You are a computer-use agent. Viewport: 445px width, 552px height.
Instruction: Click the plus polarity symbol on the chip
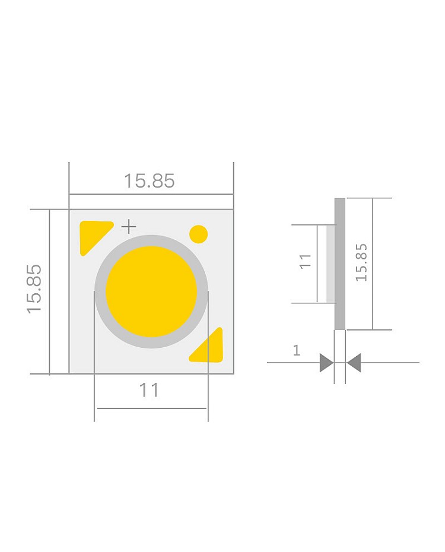(129, 226)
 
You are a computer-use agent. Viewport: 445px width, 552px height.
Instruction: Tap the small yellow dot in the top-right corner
(198, 234)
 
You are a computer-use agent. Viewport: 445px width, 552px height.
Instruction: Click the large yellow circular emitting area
(151, 291)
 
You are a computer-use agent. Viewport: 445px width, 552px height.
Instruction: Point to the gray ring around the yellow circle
(151, 240)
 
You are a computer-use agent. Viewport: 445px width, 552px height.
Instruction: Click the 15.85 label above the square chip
(149, 181)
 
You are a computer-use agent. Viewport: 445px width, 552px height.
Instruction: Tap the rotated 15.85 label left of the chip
(34, 288)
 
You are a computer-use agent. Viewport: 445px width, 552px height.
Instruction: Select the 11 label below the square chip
(149, 390)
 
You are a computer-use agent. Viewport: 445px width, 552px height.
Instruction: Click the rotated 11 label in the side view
(305, 261)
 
